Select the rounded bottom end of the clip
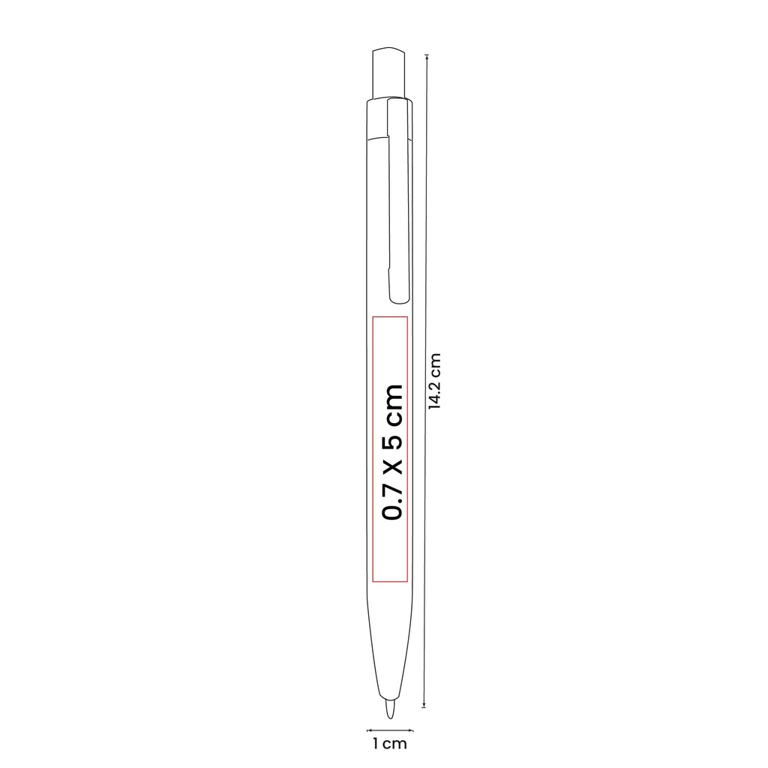pos(399,297)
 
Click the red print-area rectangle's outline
pos(373,450)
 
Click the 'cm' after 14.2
pos(434,366)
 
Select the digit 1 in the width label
pos(375,744)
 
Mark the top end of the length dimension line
pos(426,55)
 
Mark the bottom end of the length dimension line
pos(426,706)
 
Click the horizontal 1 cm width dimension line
pos(390,730)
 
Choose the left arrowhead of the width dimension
pos(368,730)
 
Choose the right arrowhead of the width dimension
pos(411,730)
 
